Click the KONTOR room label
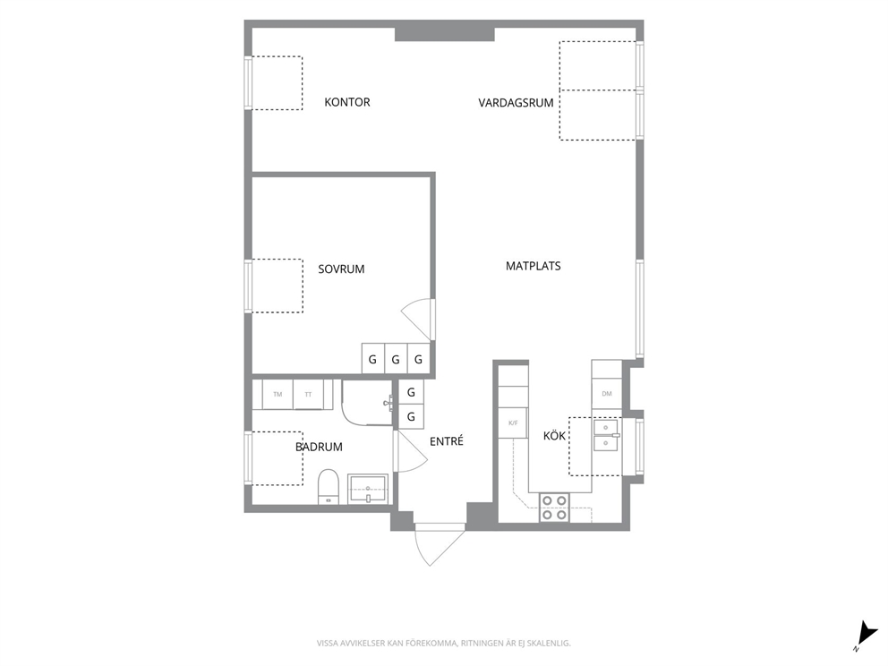(x=347, y=102)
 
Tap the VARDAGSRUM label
(x=516, y=103)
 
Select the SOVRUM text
(x=341, y=269)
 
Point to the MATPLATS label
(x=533, y=266)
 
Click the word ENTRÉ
(x=447, y=441)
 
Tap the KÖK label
(x=554, y=435)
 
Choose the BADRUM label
(x=319, y=447)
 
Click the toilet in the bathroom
(x=329, y=486)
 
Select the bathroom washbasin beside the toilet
(x=368, y=489)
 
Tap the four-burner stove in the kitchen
(x=554, y=508)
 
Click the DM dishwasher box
(x=607, y=394)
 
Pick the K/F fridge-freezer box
(x=513, y=423)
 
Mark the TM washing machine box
(x=277, y=394)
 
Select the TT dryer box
(x=308, y=394)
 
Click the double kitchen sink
(x=606, y=435)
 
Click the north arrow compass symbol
(x=864, y=635)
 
